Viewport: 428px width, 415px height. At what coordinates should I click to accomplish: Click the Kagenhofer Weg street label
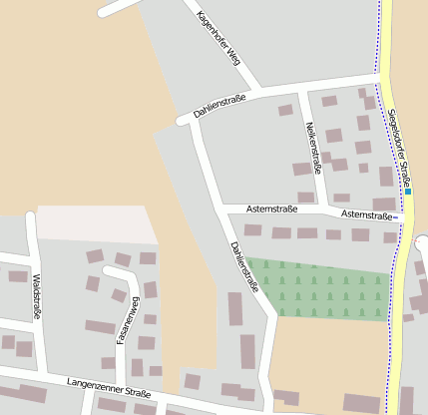click(218, 38)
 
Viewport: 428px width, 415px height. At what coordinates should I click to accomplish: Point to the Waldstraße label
click(37, 296)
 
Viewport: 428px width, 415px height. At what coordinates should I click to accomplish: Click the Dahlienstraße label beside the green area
click(244, 266)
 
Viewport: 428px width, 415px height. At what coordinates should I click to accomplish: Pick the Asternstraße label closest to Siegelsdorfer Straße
click(367, 214)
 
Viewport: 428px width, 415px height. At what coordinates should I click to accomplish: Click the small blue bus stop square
click(408, 192)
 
